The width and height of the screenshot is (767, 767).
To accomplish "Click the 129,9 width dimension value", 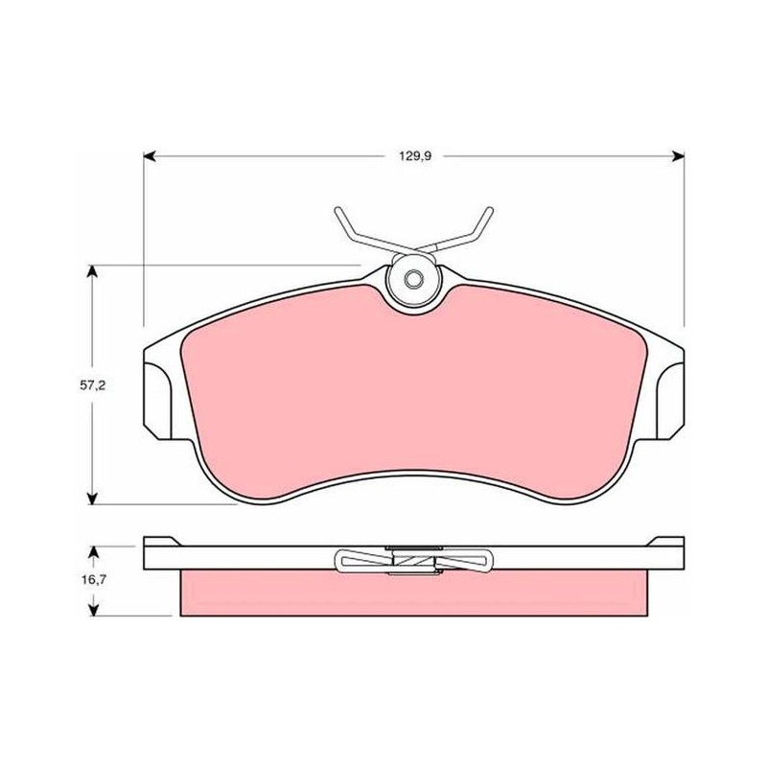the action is coord(415,156).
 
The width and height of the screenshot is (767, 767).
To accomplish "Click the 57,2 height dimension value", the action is coord(92,385).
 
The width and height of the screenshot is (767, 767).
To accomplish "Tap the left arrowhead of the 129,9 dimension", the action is coord(150,156).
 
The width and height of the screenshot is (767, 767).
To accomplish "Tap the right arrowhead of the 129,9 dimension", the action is coord(678,156).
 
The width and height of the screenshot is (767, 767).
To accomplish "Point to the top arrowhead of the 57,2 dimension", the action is coord(91,271).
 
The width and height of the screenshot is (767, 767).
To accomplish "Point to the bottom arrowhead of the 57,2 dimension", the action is coord(91,498).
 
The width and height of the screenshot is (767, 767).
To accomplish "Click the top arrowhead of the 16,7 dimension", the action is coord(93,552).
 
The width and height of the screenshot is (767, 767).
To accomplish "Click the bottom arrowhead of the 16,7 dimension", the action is coord(93,609).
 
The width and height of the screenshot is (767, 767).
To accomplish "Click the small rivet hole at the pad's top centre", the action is coord(413,279).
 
